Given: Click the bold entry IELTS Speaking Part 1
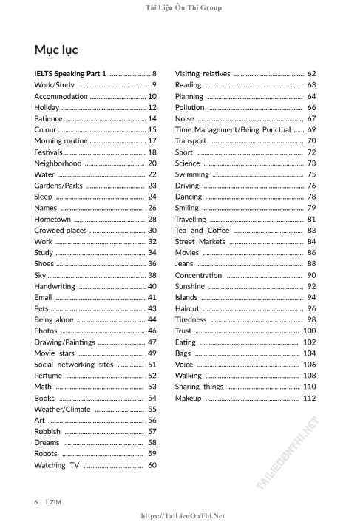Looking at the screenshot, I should click(70, 74).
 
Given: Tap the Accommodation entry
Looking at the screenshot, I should click(61, 96).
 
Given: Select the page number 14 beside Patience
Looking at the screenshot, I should click(152, 118).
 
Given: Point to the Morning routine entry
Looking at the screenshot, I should click(61, 140).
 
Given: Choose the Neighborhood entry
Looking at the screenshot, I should click(58, 163).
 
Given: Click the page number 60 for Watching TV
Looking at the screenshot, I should click(152, 465).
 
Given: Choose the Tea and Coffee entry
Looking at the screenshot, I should click(202, 231).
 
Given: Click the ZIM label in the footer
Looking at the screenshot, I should click(55, 501).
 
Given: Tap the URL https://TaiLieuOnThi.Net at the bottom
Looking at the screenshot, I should click(182, 516).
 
